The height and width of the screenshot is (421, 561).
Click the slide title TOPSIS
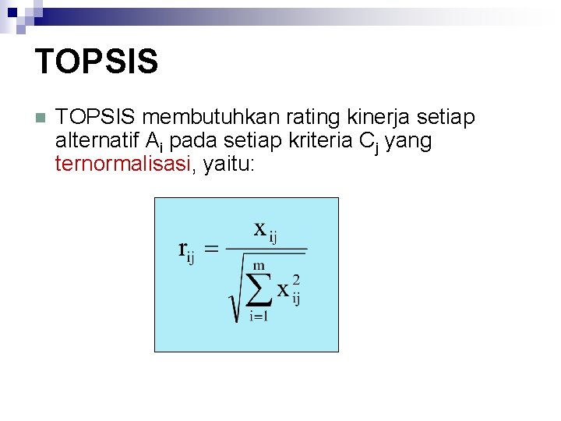(97, 61)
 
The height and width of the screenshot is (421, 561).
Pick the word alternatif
(97, 142)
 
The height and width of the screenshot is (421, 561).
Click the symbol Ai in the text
(154, 143)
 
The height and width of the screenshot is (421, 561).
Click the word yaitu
(228, 165)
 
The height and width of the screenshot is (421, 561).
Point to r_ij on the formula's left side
(185, 251)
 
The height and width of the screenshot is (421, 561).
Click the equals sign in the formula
(212, 249)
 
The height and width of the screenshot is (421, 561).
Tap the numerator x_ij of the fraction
(265, 231)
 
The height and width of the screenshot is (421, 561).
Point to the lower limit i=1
(258, 316)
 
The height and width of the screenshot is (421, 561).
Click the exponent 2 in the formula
(296, 279)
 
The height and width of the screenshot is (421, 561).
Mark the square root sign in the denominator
(233, 300)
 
